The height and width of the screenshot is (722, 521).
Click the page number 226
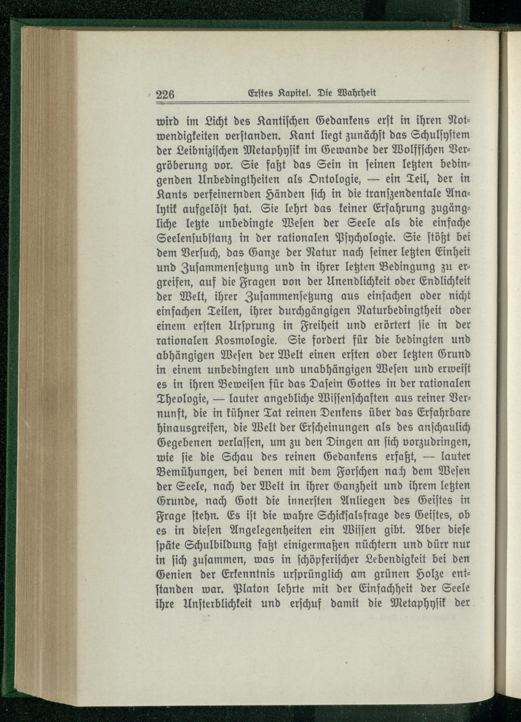point(166,94)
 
